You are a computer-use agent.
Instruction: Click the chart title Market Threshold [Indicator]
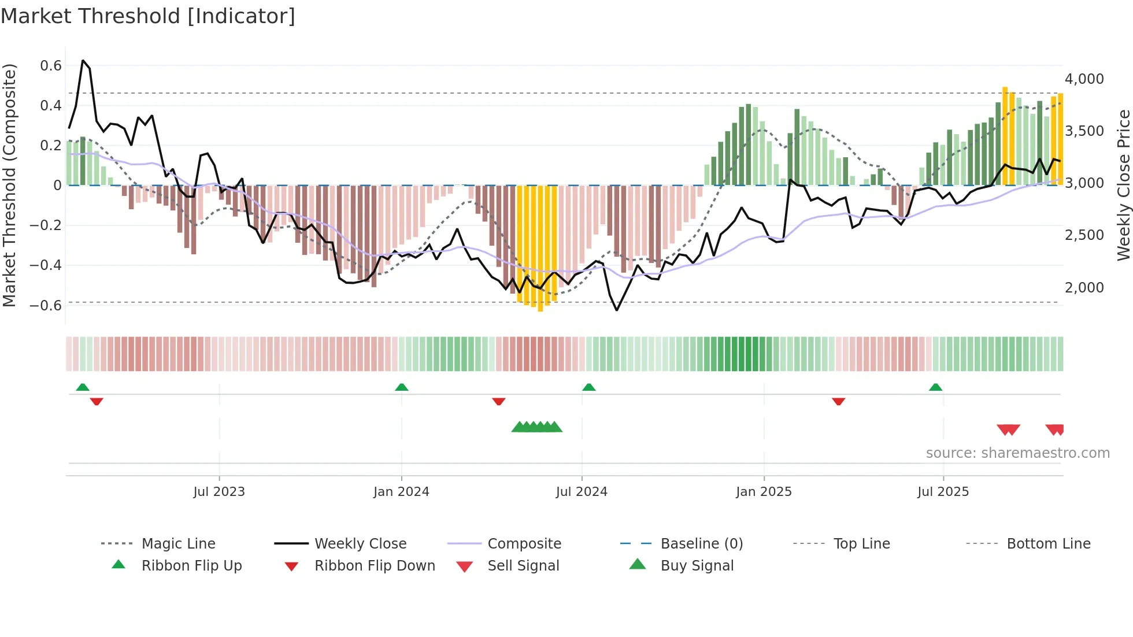(x=148, y=16)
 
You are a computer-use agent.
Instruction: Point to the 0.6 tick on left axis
(x=51, y=66)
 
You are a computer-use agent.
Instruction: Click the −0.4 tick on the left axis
(x=46, y=265)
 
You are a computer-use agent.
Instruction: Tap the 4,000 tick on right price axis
(x=1084, y=79)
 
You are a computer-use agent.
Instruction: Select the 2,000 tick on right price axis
(x=1084, y=288)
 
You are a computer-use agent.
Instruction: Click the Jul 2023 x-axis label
(x=219, y=492)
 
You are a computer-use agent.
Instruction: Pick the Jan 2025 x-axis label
(x=764, y=492)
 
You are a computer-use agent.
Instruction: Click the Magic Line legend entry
(x=178, y=544)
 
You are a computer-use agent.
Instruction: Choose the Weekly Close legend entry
(x=360, y=544)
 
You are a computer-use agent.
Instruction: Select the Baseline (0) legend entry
(x=701, y=544)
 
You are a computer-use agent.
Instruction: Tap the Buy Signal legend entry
(x=697, y=566)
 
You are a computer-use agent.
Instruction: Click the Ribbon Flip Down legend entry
(x=375, y=566)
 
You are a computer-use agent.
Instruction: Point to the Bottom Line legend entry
(x=1048, y=544)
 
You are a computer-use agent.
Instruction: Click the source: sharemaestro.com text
(x=1017, y=453)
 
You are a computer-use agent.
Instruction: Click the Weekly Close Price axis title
(x=1123, y=185)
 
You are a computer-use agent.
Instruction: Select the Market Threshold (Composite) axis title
(x=9, y=185)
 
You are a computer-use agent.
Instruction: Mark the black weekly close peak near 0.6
(x=83, y=61)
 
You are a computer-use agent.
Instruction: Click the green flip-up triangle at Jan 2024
(x=402, y=387)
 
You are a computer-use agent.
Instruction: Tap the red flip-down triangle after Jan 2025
(x=838, y=401)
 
